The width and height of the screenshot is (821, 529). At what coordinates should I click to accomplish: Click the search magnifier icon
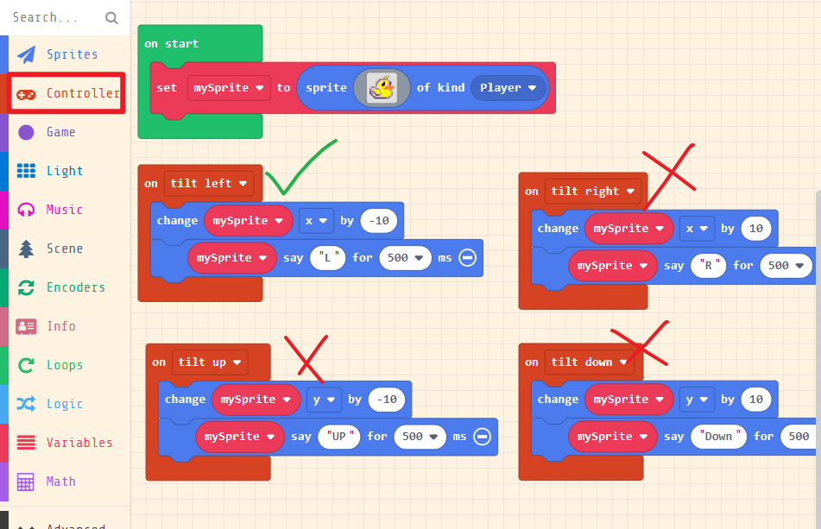point(111,17)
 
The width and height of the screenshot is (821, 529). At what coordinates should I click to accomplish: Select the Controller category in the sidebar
point(66,93)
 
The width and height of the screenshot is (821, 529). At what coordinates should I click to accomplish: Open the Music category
point(64,210)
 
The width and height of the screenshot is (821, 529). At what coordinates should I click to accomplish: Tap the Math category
point(60,482)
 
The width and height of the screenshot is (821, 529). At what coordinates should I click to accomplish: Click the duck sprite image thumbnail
point(382,88)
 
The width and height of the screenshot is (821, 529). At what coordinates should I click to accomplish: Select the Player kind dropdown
point(508,88)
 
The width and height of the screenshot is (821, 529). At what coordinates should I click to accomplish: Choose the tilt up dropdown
point(209,362)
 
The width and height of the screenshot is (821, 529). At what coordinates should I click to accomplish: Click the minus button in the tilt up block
point(482,437)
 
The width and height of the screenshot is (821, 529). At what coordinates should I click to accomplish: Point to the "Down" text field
point(717,437)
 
